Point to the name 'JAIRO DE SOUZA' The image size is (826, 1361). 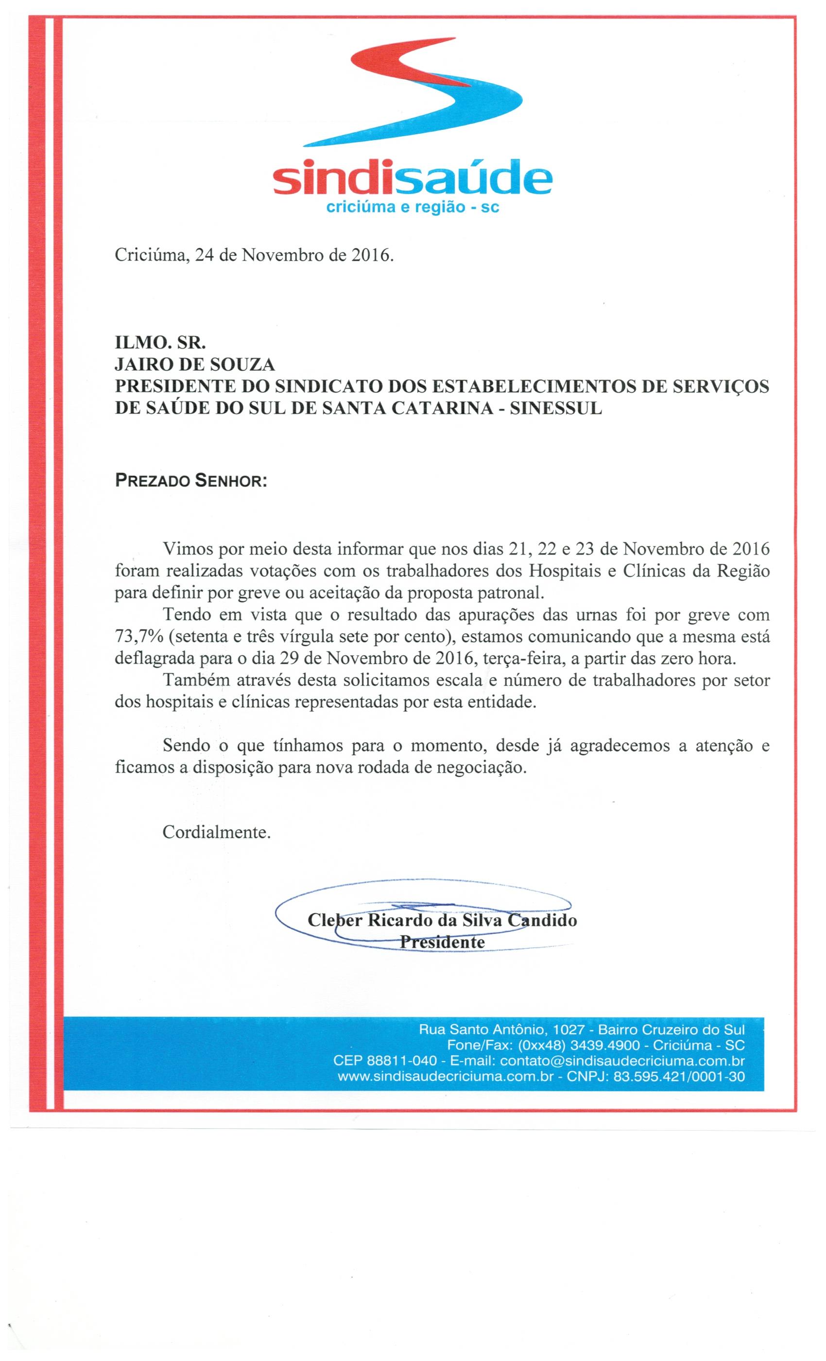194,365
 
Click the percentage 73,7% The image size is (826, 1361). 138,637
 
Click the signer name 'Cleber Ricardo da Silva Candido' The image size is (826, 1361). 442,920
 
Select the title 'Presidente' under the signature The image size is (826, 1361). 442,941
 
